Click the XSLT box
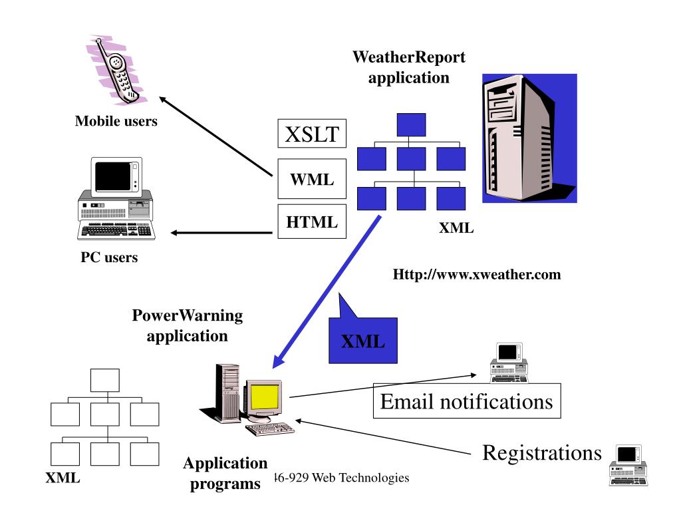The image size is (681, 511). click(312, 135)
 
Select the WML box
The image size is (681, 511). click(312, 179)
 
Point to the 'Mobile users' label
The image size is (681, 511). click(116, 121)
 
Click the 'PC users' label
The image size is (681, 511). click(110, 257)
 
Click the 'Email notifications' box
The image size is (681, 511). click(466, 401)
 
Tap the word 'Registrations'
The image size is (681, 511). click(541, 452)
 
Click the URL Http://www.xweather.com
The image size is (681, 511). click(477, 274)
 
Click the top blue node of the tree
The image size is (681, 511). click(411, 125)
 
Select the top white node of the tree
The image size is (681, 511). click(105, 380)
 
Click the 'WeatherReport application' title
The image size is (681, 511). click(409, 67)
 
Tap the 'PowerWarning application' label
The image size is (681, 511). click(188, 325)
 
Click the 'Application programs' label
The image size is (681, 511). click(225, 473)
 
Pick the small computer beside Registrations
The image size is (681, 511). click(628, 465)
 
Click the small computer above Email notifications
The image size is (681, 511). click(509, 363)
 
